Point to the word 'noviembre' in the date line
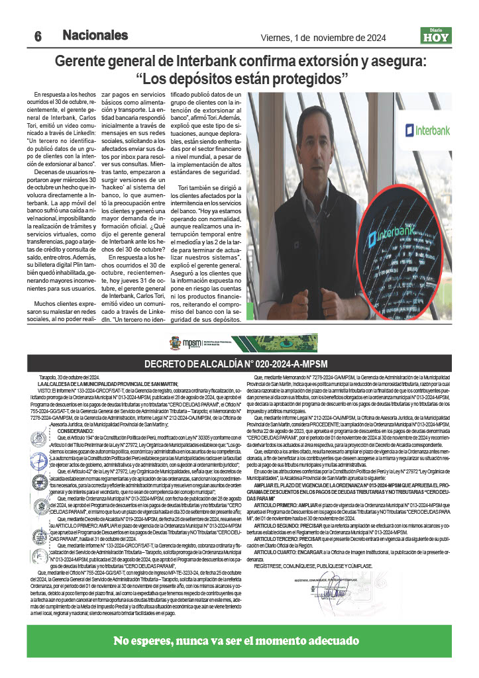345,37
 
